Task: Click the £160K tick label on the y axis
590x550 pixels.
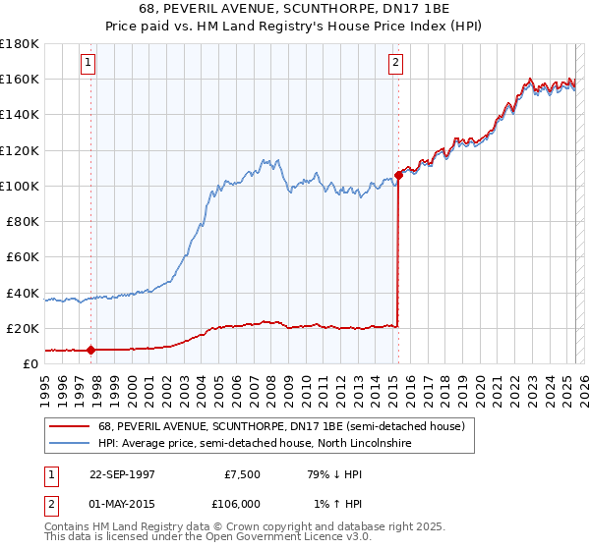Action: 20,79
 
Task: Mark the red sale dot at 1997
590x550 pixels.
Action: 91,349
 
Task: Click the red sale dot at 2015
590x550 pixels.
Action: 398,175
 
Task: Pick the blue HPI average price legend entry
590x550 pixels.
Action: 255,444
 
